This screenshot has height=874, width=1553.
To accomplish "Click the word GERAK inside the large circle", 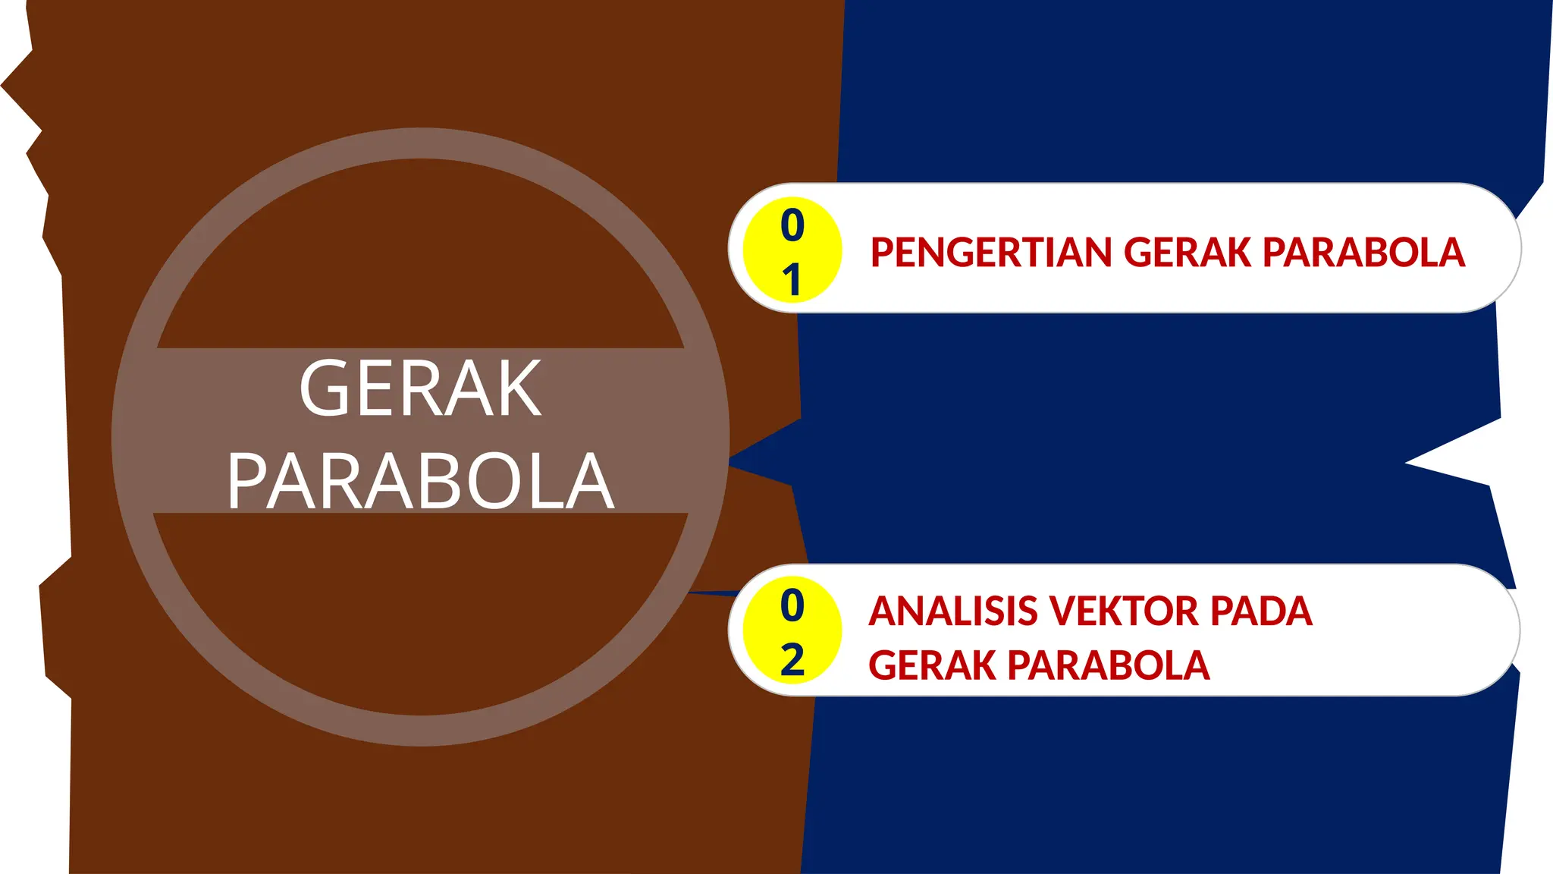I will [421, 388].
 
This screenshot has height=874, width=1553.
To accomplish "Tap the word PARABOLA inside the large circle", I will [421, 481].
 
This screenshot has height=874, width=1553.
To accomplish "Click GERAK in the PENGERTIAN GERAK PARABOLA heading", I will [1187, 253].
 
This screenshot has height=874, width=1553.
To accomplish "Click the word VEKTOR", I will [1123, 611].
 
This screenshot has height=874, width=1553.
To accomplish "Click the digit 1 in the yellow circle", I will [792, 280].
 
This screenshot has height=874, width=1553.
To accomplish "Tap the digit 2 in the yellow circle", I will [792, 660].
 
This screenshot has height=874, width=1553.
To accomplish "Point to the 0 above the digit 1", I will [792, 225].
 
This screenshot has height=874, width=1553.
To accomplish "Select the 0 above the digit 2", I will [792, 605].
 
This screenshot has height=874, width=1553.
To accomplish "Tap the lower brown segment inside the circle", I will [421, 607].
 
